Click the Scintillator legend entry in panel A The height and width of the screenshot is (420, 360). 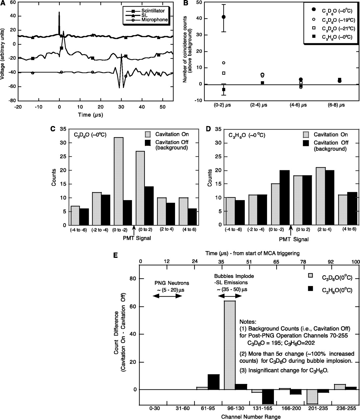tap(154, 10)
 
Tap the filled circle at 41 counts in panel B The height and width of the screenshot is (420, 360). tap(224, 17)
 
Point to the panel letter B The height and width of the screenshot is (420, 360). tap(185, 3)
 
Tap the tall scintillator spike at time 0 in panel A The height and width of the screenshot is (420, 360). tap(59, 23)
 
